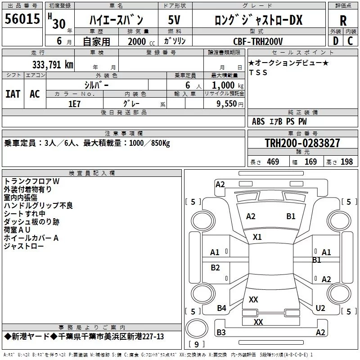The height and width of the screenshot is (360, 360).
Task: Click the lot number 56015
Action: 22,19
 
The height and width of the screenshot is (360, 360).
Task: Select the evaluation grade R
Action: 343,21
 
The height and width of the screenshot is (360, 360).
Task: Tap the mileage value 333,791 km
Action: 53,64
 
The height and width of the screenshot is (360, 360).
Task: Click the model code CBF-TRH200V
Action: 258,41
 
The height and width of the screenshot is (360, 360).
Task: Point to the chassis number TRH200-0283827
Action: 302,143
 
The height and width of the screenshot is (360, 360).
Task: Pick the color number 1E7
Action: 74,104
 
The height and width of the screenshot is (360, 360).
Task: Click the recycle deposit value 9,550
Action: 226,104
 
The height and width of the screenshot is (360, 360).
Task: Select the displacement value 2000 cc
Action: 141,41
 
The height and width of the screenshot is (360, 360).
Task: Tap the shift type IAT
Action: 13,94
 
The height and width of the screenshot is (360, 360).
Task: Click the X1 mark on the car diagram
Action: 257,237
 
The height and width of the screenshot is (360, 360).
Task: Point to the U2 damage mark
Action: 320,308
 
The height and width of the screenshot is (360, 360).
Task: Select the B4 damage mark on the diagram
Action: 221,308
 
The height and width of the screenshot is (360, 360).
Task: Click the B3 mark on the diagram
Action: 221,333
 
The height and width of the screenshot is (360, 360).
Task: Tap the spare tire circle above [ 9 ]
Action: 197,328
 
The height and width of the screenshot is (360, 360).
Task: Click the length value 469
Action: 273,162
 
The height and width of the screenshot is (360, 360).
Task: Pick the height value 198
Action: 346,162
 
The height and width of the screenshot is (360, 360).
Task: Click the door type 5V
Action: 174,20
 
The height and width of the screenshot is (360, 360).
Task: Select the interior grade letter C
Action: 350,41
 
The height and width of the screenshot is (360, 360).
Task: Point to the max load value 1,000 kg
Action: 228,85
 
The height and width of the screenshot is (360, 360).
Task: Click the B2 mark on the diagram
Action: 215,268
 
